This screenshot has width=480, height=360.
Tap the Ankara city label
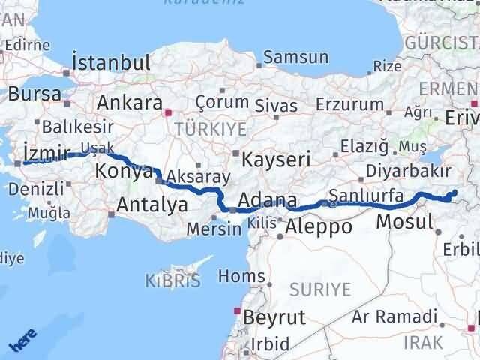click(x=129, y=101)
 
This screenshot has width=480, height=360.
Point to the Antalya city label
click(x=151, y=202)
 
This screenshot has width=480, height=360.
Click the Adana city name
click(x=267, y=201)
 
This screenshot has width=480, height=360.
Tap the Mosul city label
click(x=404, y=221)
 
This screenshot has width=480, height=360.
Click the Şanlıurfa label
click(x=367, y=197)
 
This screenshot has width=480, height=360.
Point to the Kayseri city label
click(x=271, y=158)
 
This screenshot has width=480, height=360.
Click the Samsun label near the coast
click(x=295, y=57)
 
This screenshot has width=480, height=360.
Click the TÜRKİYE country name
click(x=210, y=129)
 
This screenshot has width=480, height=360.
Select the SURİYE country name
click(x=320, y=289)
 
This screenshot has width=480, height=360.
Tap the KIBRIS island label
click(x=174, y=281)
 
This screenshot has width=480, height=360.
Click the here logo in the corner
click(x=22, y=342)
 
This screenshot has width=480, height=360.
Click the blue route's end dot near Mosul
click(x=454, y=193)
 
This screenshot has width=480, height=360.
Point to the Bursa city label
click(x=34, y=94)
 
